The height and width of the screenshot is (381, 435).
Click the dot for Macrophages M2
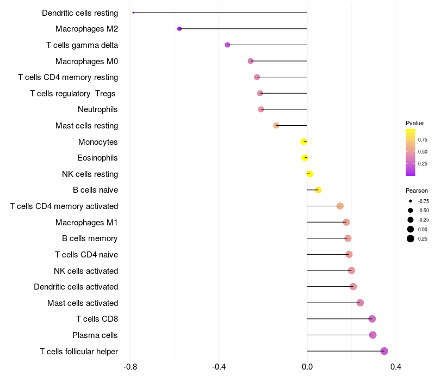pyautogui.click(x=179, y=29)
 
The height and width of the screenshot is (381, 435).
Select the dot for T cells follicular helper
pyautogui.click(x=384, y=351)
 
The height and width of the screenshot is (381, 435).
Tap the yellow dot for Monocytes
pyautogui.click(x=304, y=142)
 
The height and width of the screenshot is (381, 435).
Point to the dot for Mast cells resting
pyautogui.click(x=276, y=126)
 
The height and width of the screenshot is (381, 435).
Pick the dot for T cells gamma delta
pyautogui.click(x=227, y=45)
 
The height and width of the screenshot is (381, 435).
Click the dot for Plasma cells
pyautogui.click(x=372, y=335)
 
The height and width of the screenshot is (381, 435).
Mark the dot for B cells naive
pyautogui.click(x=318, y=190)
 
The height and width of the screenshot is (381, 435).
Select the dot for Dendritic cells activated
pyautogui.click(x=353, y=287)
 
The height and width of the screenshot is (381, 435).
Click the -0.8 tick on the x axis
pyautogui.click(x=130, y=367)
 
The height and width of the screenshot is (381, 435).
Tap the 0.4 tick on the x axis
pyautogui.click(x=396, y=367)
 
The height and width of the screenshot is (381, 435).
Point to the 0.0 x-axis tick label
pyautogui.click(x=307, y=367)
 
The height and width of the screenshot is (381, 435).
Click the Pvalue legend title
pyautogui.click(x=414, y=123)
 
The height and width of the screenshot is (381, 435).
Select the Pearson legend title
pyautogui.click(x=417, y=191)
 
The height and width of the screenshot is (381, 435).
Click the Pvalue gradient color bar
pyautogui.click(x=411, y=152)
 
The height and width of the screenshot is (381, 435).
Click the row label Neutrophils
pyautogui.click(x=98, y=109)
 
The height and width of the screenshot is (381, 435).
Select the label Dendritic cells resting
pyautogui.click(x=80, y=13)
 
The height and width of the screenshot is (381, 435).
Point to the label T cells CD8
pyautogui.click(x=97, y=319)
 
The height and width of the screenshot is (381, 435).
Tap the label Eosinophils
pyautogui.click(x=98, y=158)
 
